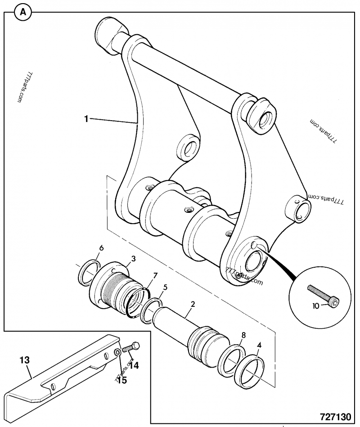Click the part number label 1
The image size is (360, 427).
tap(85, 119)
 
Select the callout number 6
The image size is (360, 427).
tap(101, 248)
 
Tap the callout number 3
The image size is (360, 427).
tap(133, 259)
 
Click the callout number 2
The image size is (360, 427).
tap(192, 305)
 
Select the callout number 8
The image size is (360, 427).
tap(243, 335)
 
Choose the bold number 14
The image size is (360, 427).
tap(134, 365)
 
